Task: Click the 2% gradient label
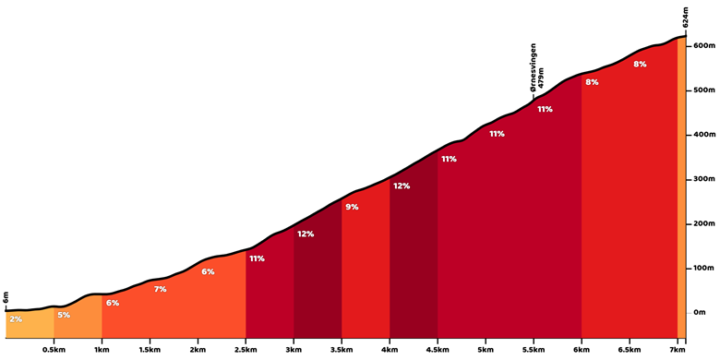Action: (x=16, y=319)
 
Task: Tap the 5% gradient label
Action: (x=64, y=315)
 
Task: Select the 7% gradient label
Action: (x=160, y=289)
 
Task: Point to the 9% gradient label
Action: (x=352, y=207)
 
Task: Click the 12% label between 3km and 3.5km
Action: (x=306, y=234)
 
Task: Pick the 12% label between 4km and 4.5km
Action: (x=402, y=186)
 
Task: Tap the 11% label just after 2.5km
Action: (x=257, y=258)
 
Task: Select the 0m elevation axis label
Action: (x=701, y=313)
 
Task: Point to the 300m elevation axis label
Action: (x=705, y=180)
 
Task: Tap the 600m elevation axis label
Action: (x=705, y=46)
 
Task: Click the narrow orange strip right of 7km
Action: (x=681, y=187)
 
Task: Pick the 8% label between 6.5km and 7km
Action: (x=640, y=65)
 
